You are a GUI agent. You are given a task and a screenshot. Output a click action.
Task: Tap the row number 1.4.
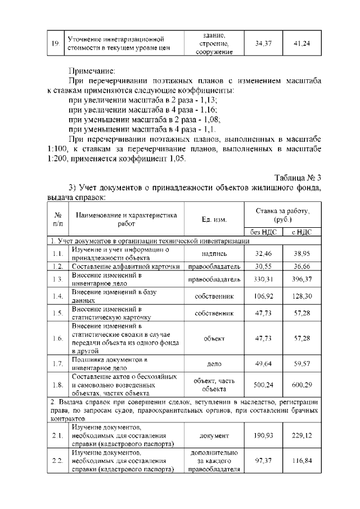[x=57, y=296]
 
